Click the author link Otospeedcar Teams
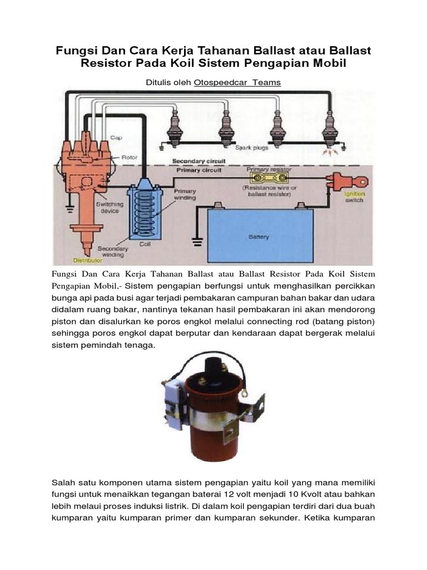click(237, 82)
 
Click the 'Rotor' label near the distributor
click(129, 158)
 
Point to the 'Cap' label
click(115, 137)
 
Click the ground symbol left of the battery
click(196, 241)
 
